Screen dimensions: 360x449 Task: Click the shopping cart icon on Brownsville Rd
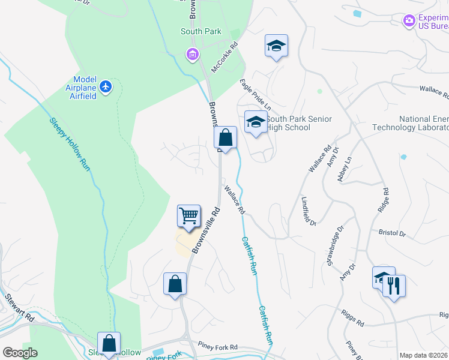click(x=188, y=216)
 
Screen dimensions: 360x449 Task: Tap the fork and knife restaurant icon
click(x=394, y=285)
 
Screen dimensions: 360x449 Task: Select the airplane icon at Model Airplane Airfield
click(x=106, y=87)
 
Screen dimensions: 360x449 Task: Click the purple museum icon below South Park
click(x=193, y=55)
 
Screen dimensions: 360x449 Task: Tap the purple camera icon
click(x=409, y=21)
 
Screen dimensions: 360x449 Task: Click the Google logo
click(x=20, y=352)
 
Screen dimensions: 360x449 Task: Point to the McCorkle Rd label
click(x=226, y=53)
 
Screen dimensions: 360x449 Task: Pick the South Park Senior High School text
click(x=299, y=123)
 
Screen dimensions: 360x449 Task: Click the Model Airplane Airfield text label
click(x=85, y=88)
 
